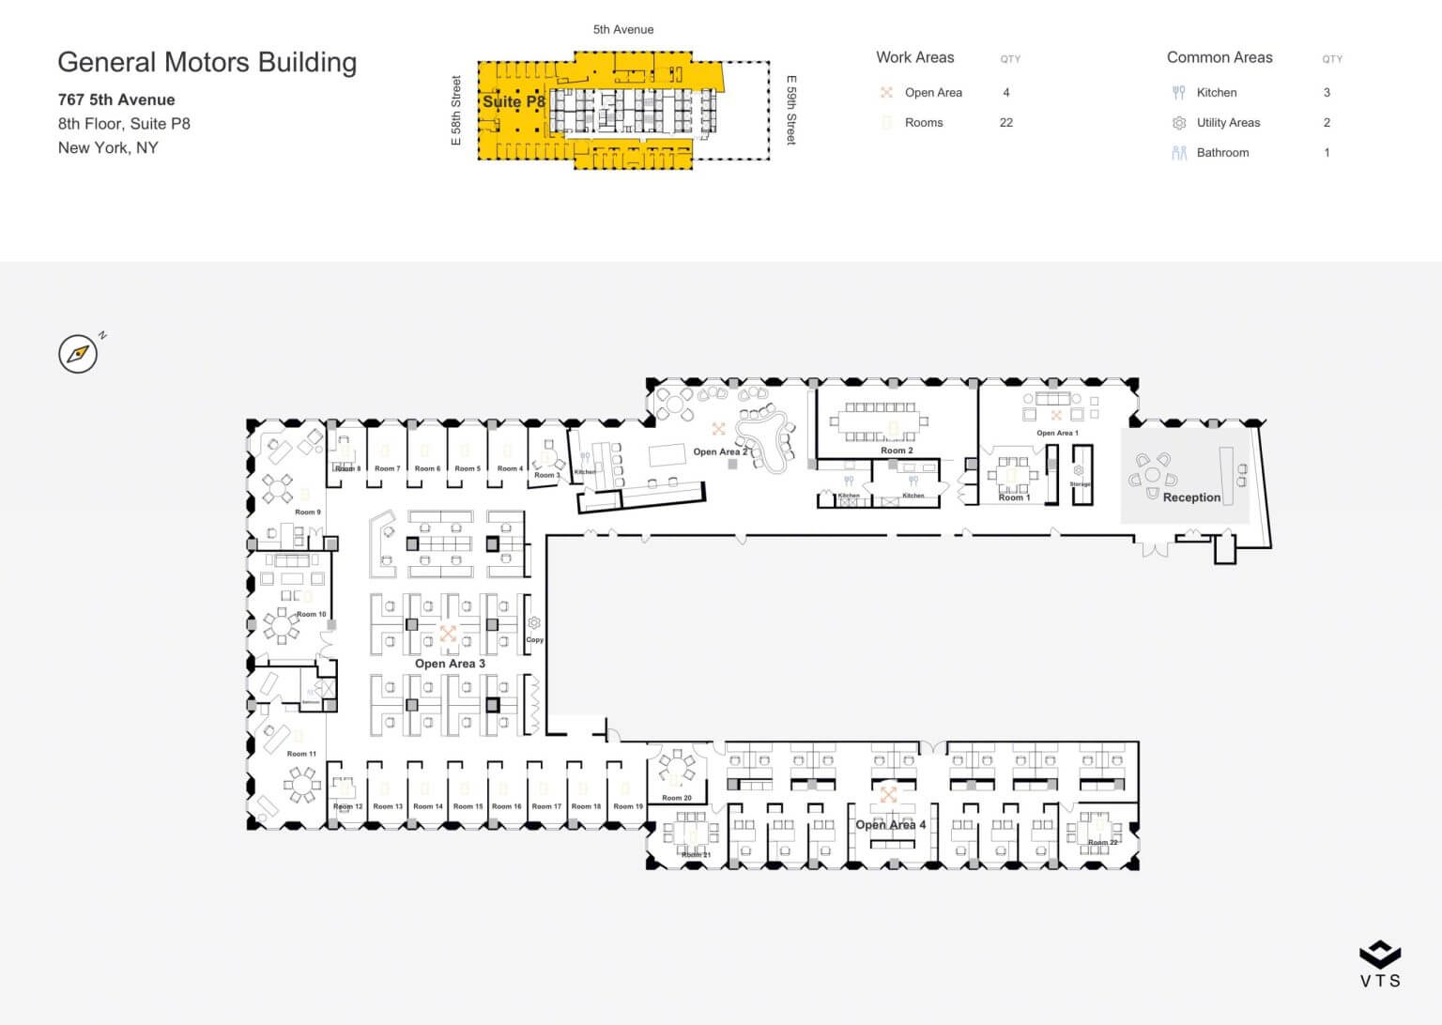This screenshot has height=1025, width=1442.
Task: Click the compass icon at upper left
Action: click(78, 354)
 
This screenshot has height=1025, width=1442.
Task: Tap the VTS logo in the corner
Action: click(1380, 964)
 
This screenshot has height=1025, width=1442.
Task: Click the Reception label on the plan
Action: click(1191, 497)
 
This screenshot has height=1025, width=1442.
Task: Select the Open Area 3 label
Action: click(450, 664)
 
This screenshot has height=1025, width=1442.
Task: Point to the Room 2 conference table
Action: click(880, 422)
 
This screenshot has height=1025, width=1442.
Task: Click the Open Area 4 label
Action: click(890, 825)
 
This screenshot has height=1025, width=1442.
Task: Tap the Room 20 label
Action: click(676, 798)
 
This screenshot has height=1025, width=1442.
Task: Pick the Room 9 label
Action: click(307, 512)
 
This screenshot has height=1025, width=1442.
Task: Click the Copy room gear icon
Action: click(534, 623)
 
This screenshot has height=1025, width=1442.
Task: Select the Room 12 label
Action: click(347, 806)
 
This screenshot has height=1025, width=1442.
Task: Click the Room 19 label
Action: click(628, 806)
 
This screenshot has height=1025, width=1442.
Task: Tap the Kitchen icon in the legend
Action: click(1179, 93)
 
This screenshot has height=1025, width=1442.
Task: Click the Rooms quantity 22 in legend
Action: click(1006, 123)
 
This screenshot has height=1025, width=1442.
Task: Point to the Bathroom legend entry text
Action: click(1222, 153)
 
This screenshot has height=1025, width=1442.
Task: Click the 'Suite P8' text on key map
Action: click(514, 101)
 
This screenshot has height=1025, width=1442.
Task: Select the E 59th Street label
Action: click(790, 110)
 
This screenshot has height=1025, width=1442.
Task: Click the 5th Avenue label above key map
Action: click(623, 30)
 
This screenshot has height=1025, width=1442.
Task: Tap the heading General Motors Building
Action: click(207, 62)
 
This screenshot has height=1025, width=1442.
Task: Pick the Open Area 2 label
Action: click(720, 452)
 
